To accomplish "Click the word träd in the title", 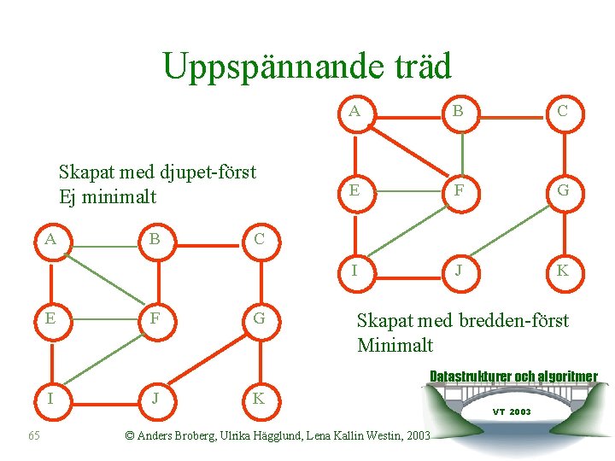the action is (419, 65).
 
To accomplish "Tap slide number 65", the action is (34, 436).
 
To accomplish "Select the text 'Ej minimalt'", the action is (108, 197).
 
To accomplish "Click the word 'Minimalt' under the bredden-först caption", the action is (395, 345).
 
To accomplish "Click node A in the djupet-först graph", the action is (51, 239).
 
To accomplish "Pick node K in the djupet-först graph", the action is (258, 399).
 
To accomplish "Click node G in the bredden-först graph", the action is (563, 191).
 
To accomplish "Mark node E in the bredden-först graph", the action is (354, 191).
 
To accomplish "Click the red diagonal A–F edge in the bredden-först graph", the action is (407, 150).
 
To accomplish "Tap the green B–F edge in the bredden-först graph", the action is (461, 151).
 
